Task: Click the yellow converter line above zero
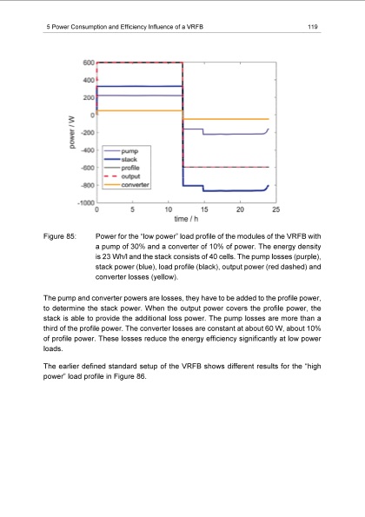point(139,111)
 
